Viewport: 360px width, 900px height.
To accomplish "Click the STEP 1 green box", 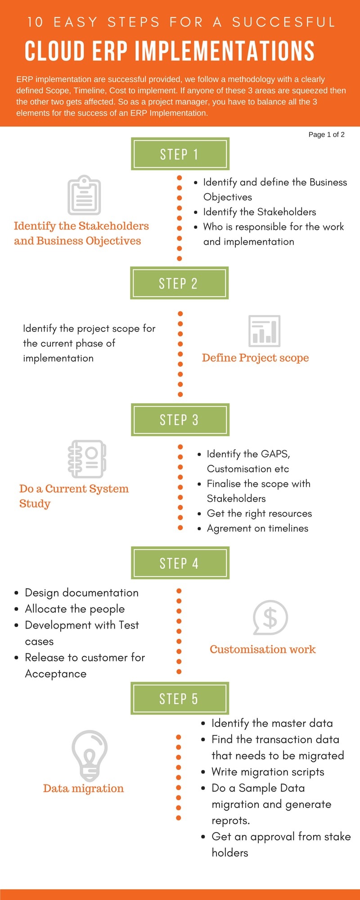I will (180, 154).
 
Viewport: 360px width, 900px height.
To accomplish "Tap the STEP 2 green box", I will (179, 283).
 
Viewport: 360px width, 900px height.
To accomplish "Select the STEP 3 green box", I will (180, 419).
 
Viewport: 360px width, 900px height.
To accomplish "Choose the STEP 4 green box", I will (180, 563).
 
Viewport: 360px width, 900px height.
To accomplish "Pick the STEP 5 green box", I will (180, 698).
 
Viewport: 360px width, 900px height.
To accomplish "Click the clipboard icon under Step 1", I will (84, 195).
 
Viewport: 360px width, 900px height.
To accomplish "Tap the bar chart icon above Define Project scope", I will (264, 331).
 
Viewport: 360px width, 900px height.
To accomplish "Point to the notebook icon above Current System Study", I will (87, 459).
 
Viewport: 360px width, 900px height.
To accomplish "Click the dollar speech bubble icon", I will (270, 617).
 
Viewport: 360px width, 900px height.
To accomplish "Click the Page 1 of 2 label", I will (326, 135).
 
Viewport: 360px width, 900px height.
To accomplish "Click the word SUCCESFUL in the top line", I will (283, 22).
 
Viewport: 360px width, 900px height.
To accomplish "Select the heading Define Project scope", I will (255, 358).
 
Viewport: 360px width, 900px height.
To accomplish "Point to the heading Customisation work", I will (262, 649).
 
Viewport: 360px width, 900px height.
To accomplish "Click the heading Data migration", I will (83, 788).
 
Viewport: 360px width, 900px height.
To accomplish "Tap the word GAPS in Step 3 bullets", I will (275, 454).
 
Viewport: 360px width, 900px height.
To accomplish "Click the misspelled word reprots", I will (230, 820).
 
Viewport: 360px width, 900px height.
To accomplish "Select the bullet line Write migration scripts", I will (268, 772).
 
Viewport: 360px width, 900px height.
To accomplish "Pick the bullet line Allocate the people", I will (75, 609).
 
